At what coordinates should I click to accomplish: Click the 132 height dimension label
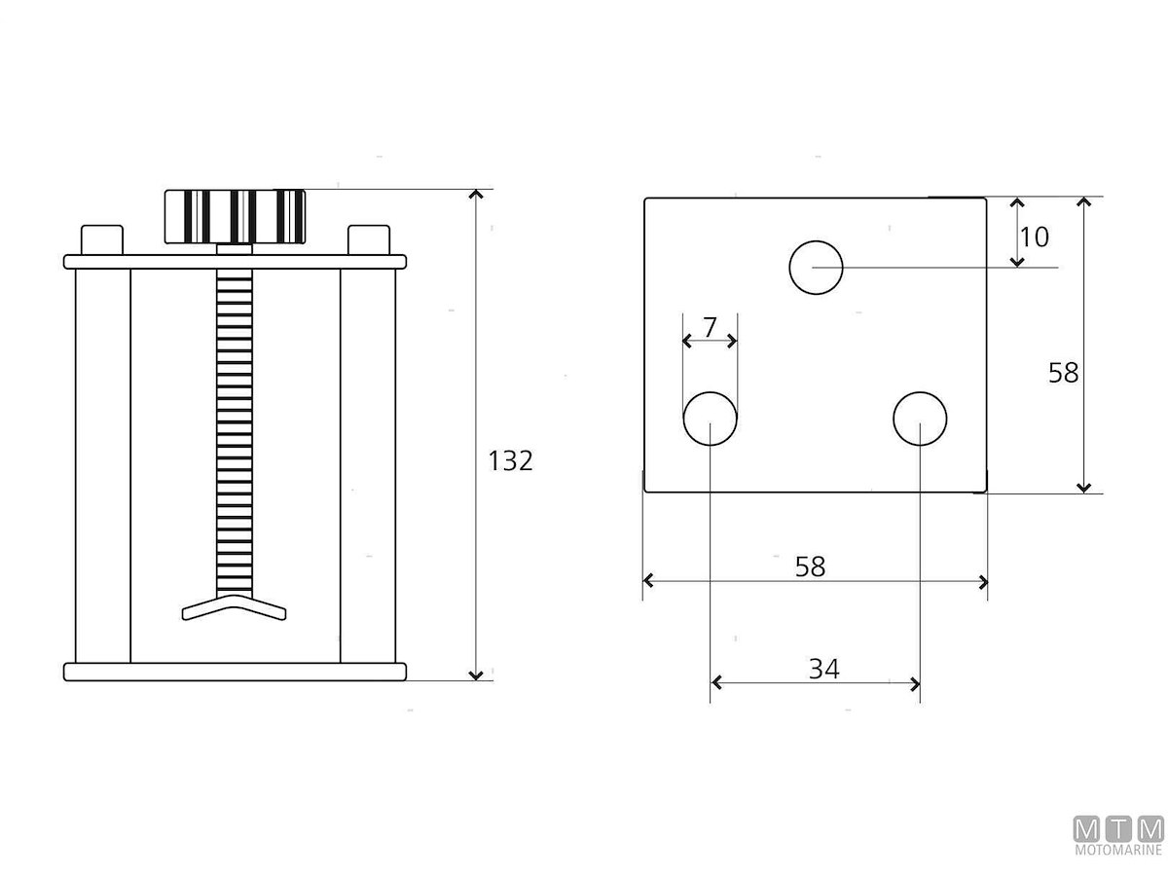510,460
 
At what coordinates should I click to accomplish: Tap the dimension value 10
1034,237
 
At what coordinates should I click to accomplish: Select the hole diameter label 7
710,327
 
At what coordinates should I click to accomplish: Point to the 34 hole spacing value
823,669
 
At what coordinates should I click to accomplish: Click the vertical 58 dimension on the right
1063,373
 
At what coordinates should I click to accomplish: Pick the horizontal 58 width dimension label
810,566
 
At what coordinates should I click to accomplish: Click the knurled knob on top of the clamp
235,216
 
